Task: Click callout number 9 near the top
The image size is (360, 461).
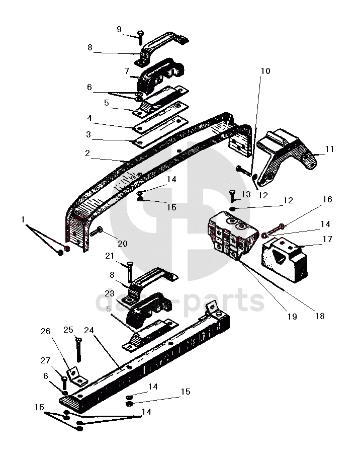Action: point(119,29)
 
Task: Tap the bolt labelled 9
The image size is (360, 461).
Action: point(140,37)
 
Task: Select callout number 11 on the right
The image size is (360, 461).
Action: point(329,149)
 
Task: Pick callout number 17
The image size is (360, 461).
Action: point(328,240)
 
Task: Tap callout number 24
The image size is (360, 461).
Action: point(89,331)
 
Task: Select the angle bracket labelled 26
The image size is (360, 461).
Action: point(75,375)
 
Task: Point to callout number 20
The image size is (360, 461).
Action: point(123,244)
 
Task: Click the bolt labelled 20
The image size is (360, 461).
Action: point(97,233)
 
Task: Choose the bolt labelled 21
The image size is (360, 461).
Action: point(130,270)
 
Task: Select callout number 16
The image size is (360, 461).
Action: point(327,200)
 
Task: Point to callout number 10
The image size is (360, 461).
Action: point(265,71)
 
